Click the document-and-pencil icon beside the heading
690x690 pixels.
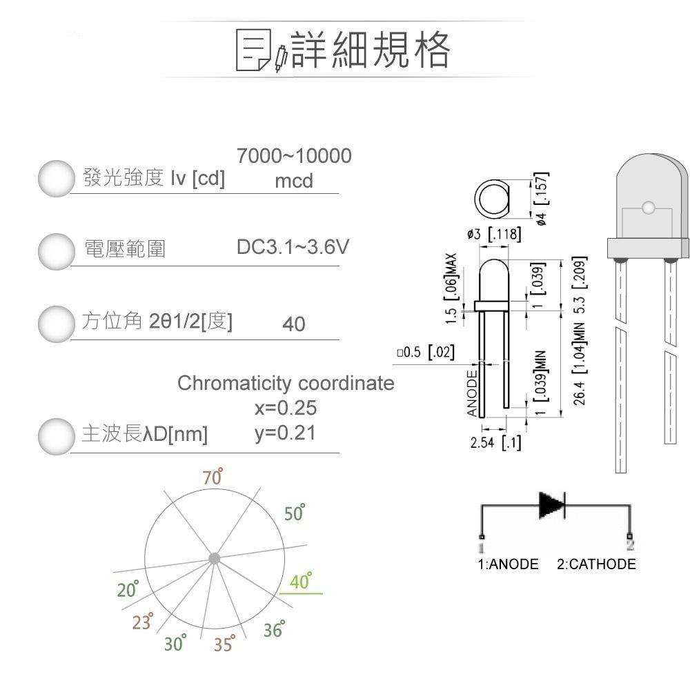[261, 50]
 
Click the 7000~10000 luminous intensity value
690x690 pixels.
[294, 157]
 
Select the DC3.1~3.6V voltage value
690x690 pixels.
[293, 247]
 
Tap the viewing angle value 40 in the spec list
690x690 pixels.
[293, 324]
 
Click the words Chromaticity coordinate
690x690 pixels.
[286, 383]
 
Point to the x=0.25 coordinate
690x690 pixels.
[286, 408]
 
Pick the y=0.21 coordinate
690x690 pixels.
[286, 433]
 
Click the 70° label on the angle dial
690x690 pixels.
[213, 477]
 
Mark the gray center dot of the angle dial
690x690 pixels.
[214, 558]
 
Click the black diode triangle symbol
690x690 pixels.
[552, 505]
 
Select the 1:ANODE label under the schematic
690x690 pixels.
[508, 564]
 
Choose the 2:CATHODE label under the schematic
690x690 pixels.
[596, 564]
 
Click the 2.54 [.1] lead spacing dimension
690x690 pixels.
[495, 443]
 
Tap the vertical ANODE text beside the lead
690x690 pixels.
[473, 393]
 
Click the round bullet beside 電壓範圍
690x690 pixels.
[55, 250]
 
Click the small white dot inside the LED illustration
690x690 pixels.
[647, 208]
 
